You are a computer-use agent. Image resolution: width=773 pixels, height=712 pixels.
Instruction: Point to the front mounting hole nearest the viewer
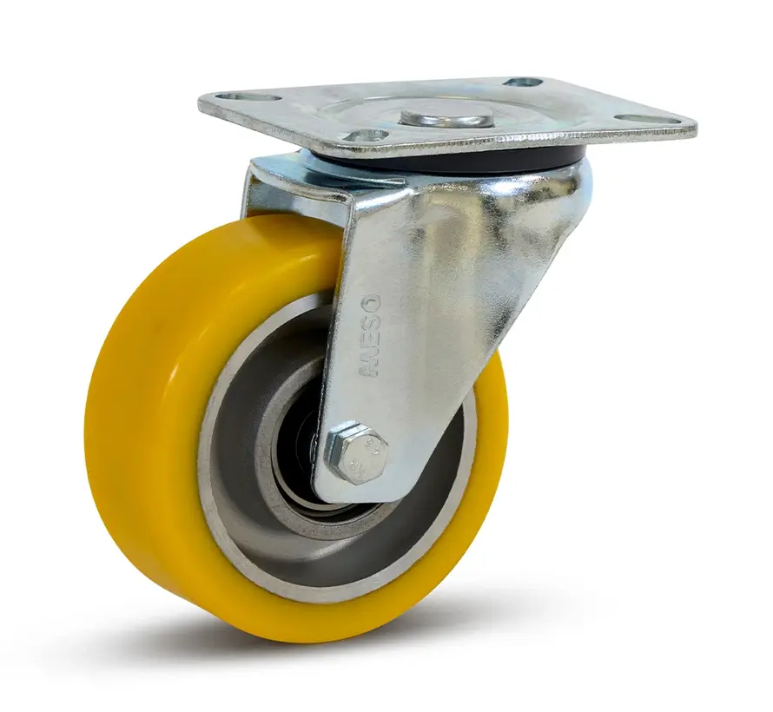tap(366, 136)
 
